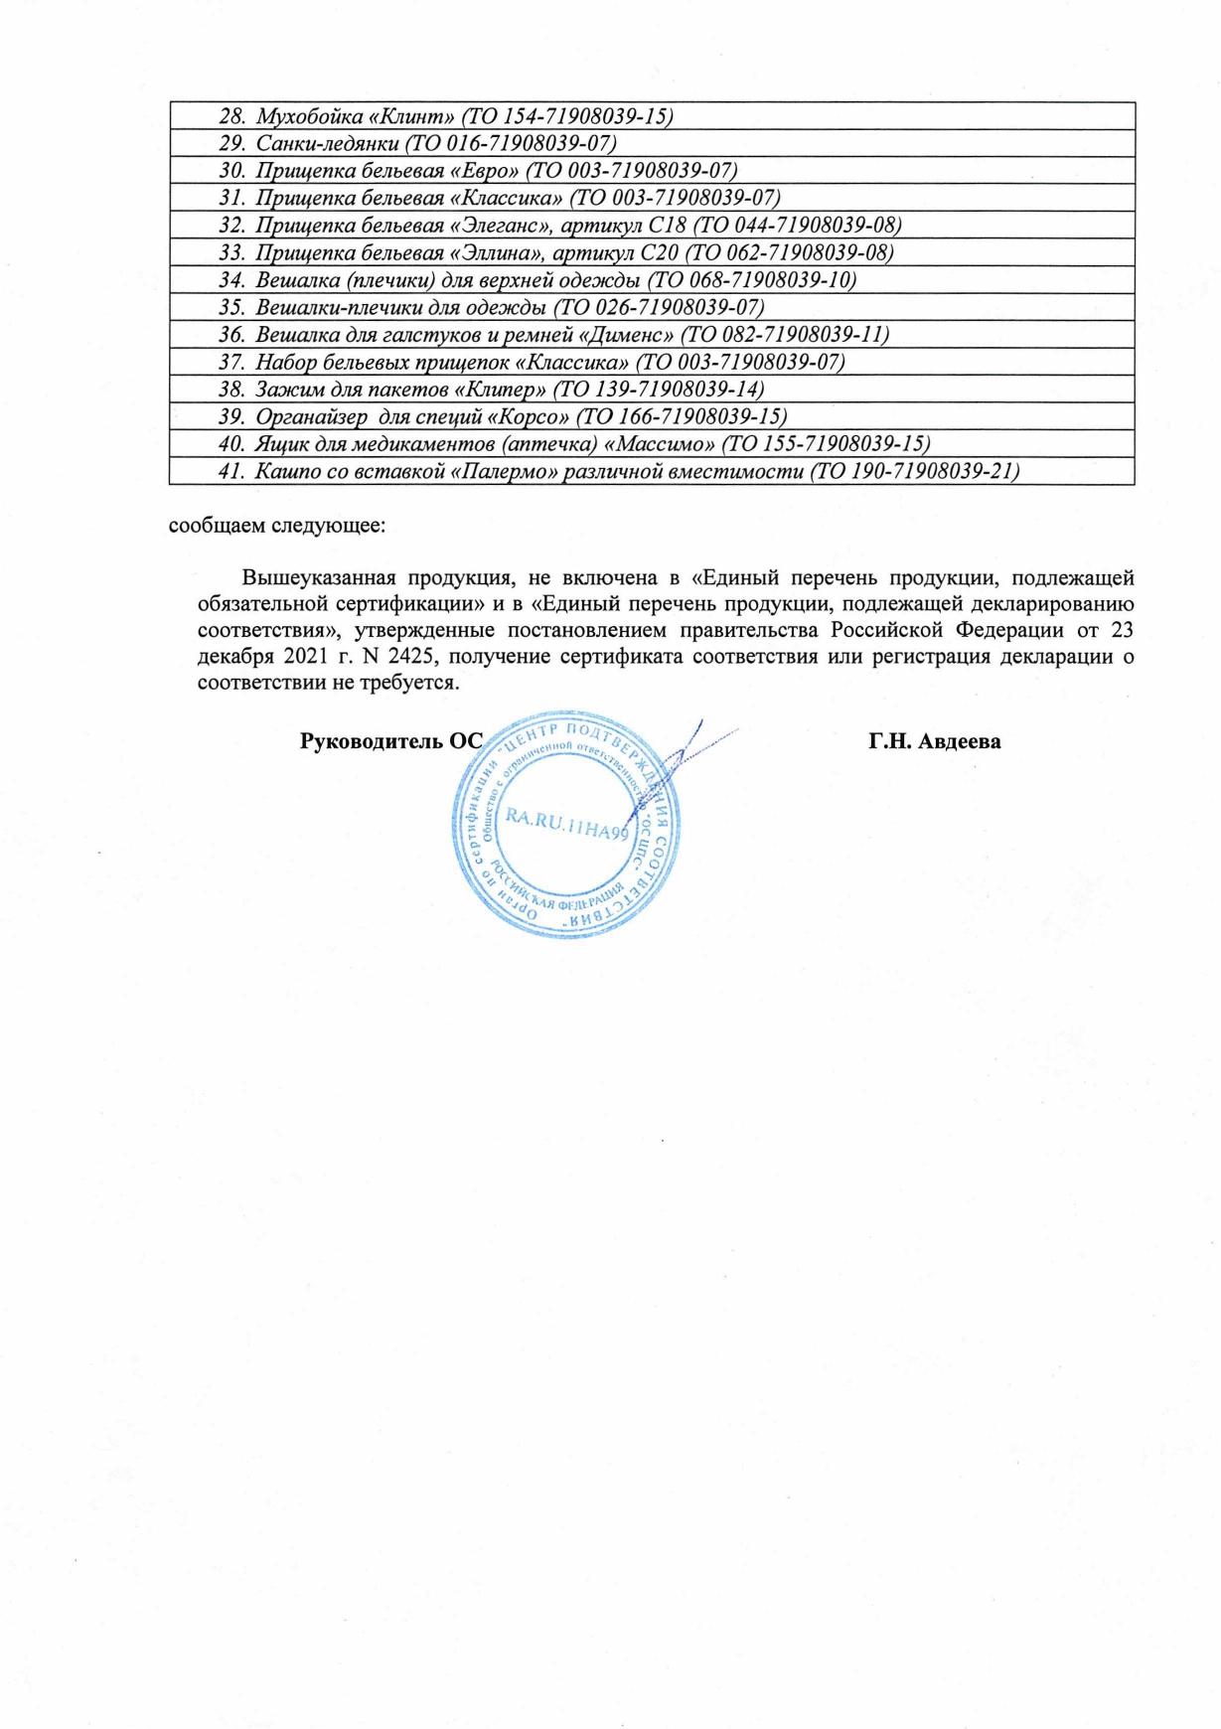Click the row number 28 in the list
[230, 117]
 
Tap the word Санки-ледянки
[328, 144]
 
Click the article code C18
[666, 226]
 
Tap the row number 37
[230, 362]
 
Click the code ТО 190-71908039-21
[915, 471]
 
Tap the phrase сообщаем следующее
[277, 525]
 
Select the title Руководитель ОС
[390, 741]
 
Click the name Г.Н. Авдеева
[934, 741]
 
